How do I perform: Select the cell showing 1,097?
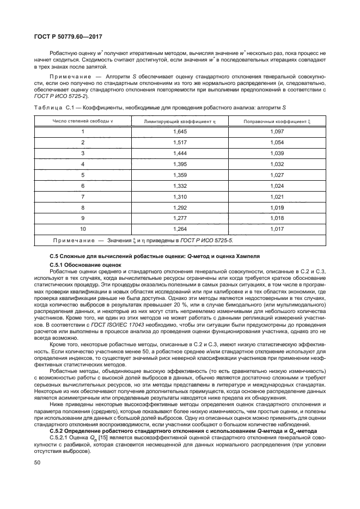[x=277, y=132]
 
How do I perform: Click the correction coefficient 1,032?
[x=277, y=164]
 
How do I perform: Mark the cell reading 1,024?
[x=277, y=186]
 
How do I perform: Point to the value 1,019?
[x=277, y=207]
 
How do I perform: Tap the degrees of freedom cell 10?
[x=82, y=229]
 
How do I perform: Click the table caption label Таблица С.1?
[x=54, y=108]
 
